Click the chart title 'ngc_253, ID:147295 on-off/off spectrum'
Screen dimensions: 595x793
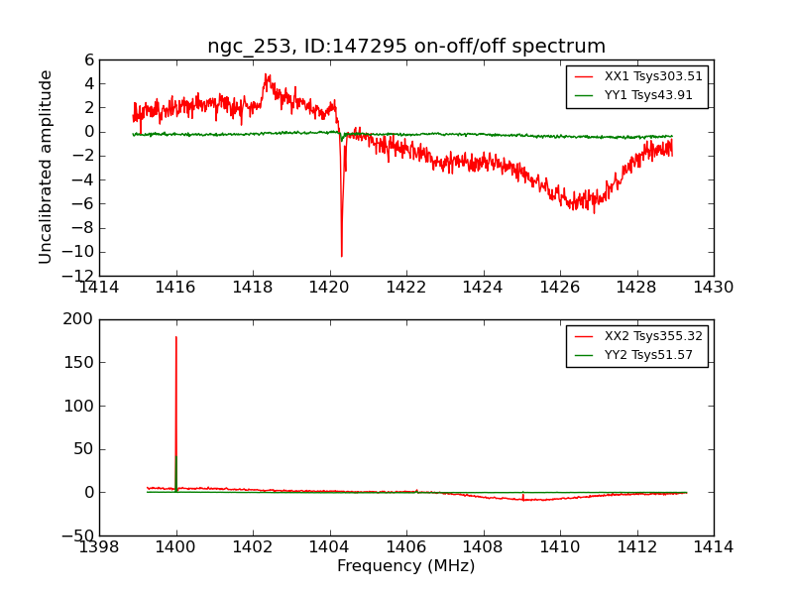tap(406, 47)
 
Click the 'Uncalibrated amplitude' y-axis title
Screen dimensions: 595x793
tap(47, 167)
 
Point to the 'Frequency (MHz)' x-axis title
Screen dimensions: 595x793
tap(406, 566)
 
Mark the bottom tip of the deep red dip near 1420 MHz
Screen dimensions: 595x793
tap(342, 257)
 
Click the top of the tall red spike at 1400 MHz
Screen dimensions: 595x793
tap(176, 337)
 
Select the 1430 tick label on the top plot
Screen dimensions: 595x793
tap(714, 288)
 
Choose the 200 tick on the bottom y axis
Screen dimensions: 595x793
tap(79, 319)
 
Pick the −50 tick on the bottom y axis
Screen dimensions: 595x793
tap(76, 535)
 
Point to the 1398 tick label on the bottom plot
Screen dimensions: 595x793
tap(99, 547)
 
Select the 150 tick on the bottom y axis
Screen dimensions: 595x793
tap(79, 363)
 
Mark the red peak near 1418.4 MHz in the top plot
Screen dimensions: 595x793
tap(267, 74)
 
